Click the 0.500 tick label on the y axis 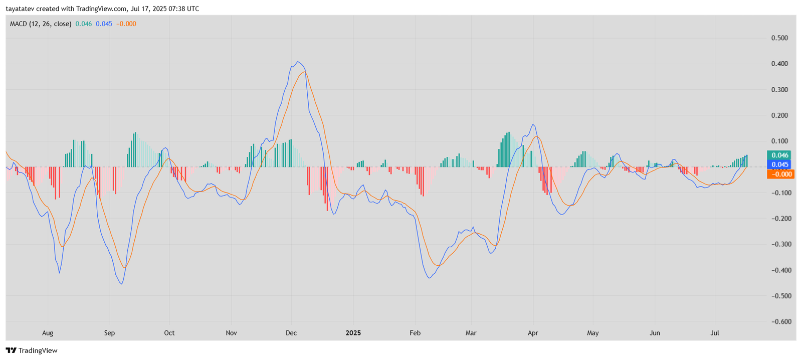(779, 38)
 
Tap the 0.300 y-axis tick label (779, 90)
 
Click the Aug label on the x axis (48, 333)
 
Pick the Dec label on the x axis (291, 333)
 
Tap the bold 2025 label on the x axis (353, 333)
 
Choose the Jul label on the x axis (715, 333)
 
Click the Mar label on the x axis (471, 333)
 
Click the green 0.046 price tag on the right (779, 155)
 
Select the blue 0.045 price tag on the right (779, 164)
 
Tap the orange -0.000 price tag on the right (780, 174)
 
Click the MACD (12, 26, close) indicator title (41, 24)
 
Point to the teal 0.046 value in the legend (84, 24)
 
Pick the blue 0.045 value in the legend (104, 24)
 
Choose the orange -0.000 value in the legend (126, 24)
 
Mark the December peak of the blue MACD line (298, 62)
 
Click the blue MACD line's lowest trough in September (122, 284)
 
